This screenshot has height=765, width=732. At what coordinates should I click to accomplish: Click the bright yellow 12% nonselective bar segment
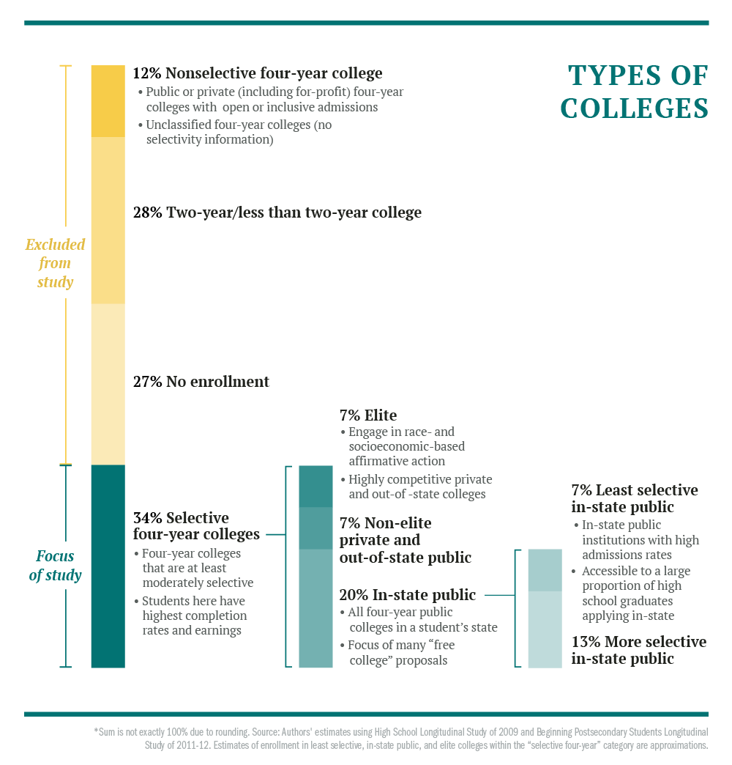[x=108, y=101]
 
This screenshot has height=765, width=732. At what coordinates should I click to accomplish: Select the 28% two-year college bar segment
[x=108, y=221]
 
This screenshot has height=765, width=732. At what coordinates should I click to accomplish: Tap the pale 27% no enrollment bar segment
[x=108, y=385]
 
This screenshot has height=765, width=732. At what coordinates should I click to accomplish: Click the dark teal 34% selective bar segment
[x=108, y=566]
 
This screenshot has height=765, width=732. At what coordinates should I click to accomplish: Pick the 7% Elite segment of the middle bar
[x=315, y=487]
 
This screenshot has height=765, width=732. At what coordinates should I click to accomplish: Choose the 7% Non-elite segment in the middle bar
[x=315, y=528]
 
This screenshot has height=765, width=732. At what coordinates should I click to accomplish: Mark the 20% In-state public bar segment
[x=315, y=608]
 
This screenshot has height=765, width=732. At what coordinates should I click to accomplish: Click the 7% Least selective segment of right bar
[x=545, y=570]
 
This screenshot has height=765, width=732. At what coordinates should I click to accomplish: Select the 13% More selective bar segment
[x=545, y=629]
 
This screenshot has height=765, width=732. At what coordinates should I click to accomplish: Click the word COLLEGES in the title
[x=635, y=108]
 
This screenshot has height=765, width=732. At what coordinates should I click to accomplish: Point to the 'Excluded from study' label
[x=55, y=263]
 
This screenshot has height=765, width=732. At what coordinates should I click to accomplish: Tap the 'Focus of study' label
[x=55, y=566]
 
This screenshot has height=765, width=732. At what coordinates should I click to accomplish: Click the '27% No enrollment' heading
[x=201, y=382]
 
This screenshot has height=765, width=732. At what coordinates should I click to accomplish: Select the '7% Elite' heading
[x=368, y=415]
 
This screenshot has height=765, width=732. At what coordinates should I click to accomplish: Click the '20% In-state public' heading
[x=408, y=595]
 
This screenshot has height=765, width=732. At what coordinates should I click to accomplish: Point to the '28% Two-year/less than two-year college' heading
[x=277, y=212]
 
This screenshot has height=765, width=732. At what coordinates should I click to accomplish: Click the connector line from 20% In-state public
[x=500, y=595]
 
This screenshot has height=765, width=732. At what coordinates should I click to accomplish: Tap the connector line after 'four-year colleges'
[x=276, y=535]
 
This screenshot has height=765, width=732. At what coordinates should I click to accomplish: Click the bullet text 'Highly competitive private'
[x=420, y=479]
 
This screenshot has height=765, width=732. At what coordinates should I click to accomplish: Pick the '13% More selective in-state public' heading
[x=639, y=650]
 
